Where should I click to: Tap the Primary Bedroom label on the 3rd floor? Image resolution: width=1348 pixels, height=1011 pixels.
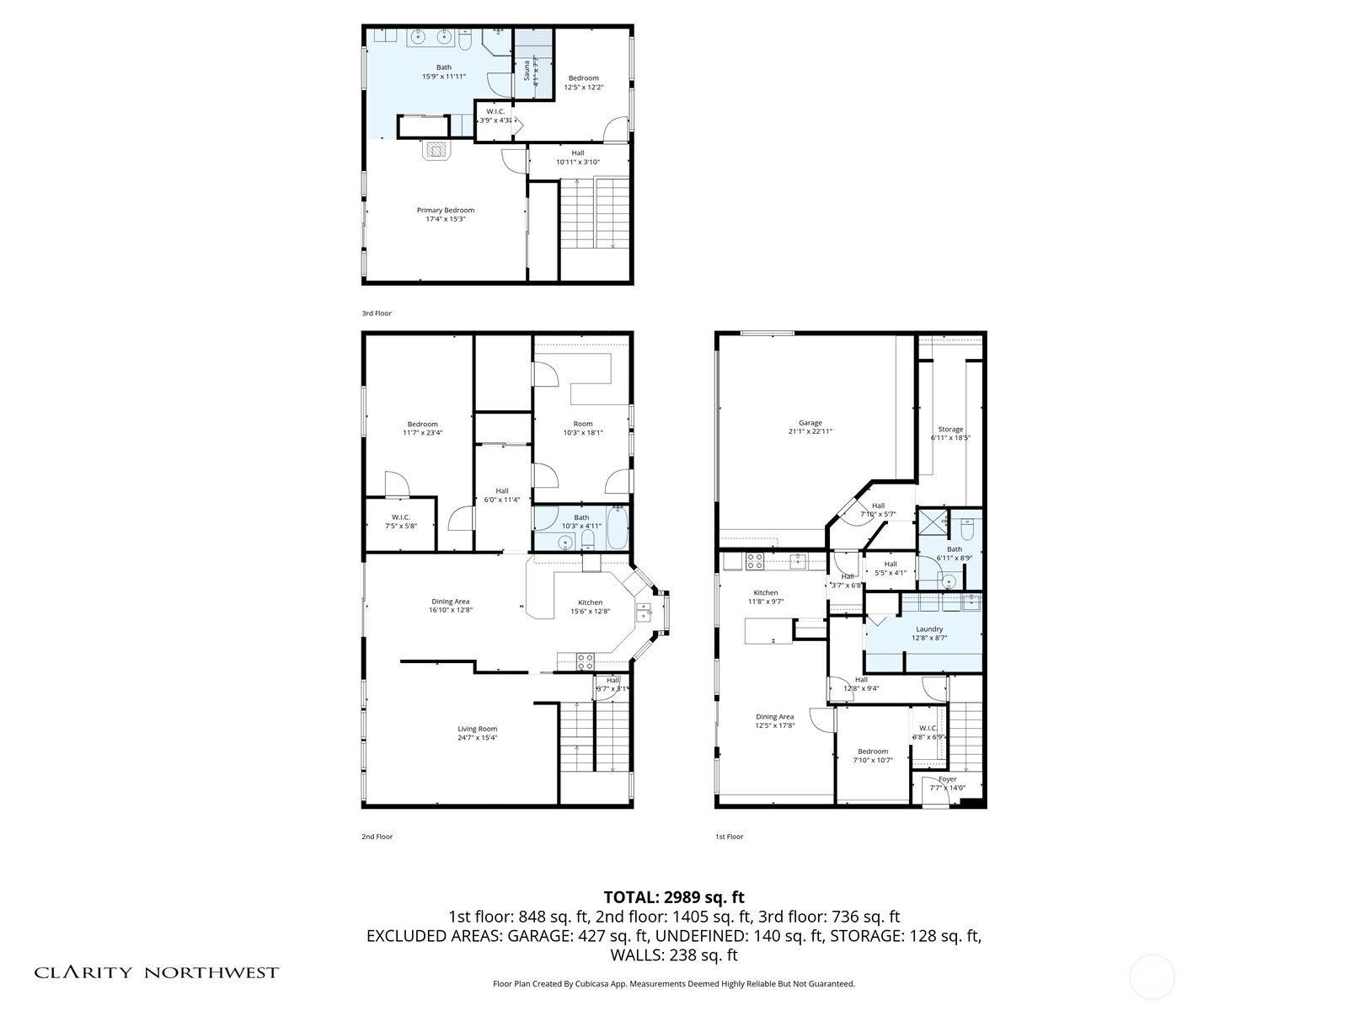pos(445,211)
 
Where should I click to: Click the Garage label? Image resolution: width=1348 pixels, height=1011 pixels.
pos(810,423)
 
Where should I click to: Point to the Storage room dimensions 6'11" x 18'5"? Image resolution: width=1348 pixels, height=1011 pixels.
pos(950,438)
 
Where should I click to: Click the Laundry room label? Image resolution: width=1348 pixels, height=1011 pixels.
pos(928,629)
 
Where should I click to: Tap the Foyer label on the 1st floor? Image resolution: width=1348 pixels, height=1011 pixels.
pos(947,779)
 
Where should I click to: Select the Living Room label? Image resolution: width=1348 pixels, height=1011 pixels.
pos(477,729)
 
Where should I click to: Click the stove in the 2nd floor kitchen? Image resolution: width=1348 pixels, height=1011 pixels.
pos(585,661)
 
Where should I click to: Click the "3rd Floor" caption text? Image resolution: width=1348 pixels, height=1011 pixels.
pos(377,313)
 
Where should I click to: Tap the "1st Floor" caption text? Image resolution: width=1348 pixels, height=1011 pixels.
pos(729,837)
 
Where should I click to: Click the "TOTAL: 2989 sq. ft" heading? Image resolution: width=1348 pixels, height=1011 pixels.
pos(673,897)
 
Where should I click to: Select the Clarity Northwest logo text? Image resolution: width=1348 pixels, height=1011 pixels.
pos(156,972)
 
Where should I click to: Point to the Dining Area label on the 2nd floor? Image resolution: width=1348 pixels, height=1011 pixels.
pos(450,602)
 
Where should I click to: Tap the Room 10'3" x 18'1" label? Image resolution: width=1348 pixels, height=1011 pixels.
pos(582,428)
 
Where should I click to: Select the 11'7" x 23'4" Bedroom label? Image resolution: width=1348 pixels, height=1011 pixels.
pos(422,428)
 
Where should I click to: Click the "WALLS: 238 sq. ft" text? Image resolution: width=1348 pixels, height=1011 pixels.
pos(673,955)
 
